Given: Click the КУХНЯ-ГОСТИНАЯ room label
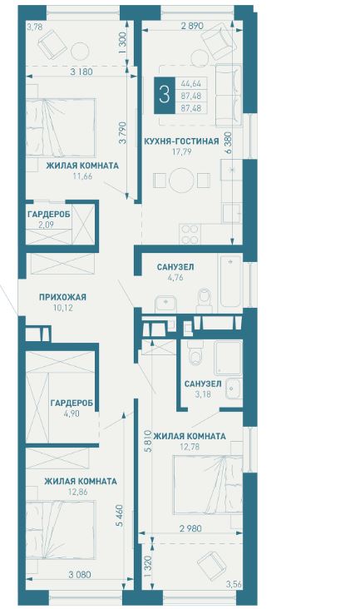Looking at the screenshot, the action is [181, 141].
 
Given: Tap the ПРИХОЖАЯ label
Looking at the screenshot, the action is [62, 298].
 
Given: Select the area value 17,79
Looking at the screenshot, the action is [181, 152].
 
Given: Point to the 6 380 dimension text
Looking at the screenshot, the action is [228, 143].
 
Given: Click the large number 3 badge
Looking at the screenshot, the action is [165, 95].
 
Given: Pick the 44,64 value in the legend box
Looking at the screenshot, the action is [191, 83].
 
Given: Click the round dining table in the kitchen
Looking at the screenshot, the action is [181, 180].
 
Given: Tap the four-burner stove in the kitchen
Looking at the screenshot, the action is [190, 235].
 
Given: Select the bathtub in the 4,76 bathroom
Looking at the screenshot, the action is [230, 280].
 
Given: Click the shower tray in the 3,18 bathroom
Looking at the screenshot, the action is [228, 358].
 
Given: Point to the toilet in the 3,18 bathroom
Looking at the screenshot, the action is [194, 354].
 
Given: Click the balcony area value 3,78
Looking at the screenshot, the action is [34, 27].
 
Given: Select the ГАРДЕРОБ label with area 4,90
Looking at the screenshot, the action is [72, 404].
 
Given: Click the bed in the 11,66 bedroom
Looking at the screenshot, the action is [61, 128].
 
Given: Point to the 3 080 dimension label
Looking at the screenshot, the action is [81, 574].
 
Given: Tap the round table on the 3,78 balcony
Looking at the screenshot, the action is [81, 50].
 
